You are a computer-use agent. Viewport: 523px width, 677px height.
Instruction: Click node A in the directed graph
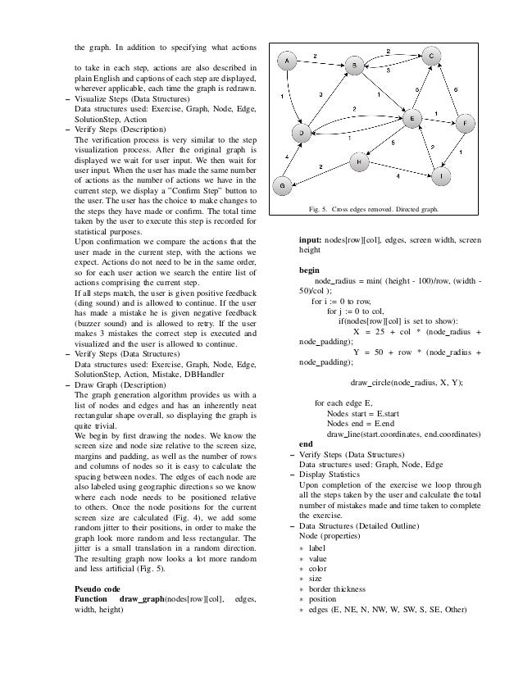(x=289, y=61)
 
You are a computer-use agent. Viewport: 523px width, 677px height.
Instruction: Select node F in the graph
(x=466, y=123)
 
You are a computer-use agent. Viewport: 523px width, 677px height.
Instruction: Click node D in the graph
(x=303, y=132)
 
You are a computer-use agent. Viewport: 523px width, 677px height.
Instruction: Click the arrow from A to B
(x=321, y=62)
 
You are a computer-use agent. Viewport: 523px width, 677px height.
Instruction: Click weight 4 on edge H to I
(x=398, y=175)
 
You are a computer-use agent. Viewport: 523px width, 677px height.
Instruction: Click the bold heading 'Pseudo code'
(x=95, y=589)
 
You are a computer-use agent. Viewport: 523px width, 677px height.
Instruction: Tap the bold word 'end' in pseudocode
(x=306, y=443)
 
